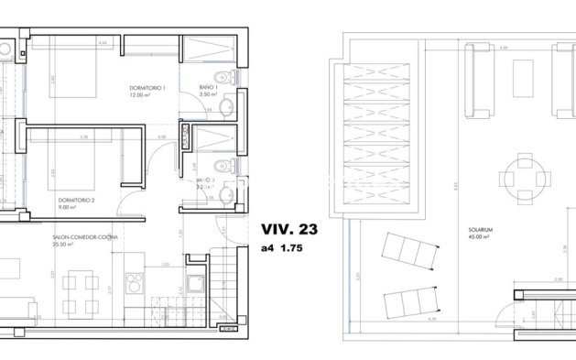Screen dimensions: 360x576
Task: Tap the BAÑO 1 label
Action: (207, 88)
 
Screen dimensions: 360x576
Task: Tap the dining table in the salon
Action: (83, 283)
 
